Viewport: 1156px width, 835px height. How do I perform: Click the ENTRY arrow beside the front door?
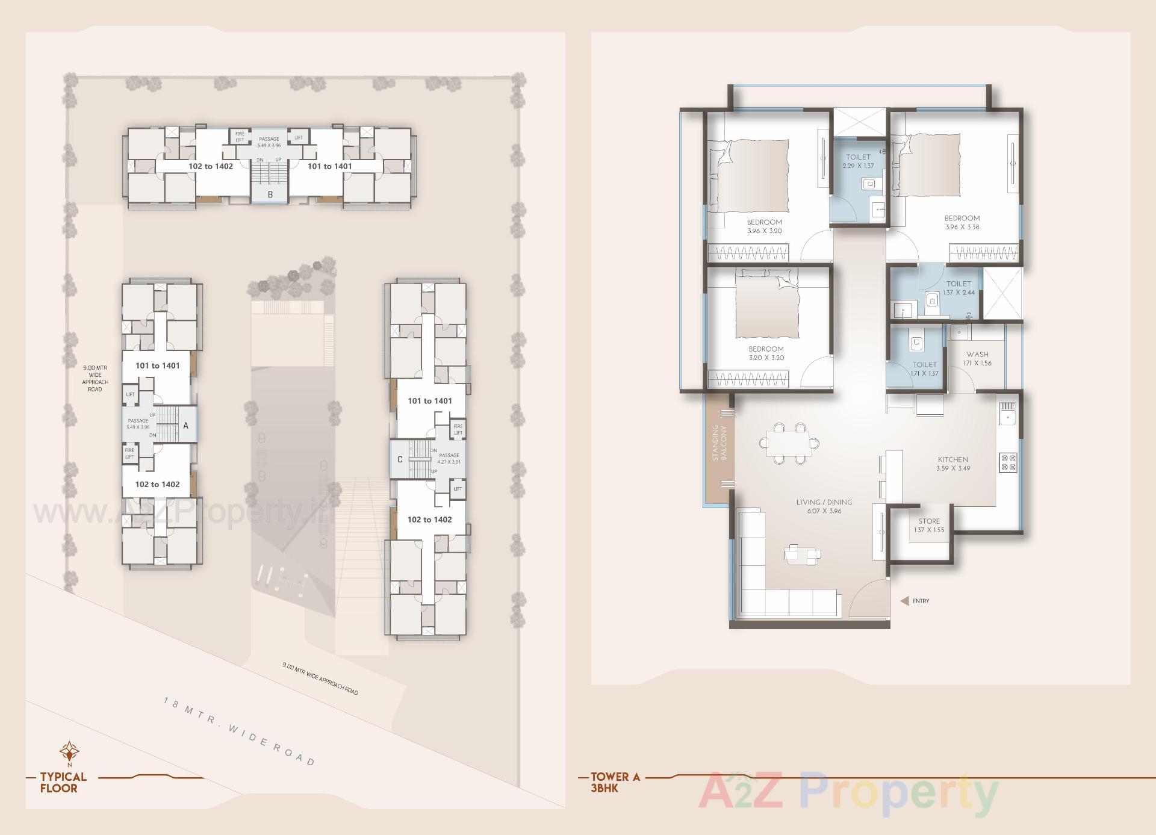[904, 601]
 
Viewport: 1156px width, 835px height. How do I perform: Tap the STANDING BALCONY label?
[719, 442]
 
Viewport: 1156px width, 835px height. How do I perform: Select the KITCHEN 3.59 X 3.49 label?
[952, 464]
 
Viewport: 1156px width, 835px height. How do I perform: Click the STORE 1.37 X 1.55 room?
[929, 526]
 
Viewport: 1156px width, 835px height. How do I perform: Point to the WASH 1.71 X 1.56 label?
[977, 359]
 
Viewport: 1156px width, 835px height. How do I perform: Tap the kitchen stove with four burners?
[1008, 462]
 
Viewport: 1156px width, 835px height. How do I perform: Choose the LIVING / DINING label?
[824, 506]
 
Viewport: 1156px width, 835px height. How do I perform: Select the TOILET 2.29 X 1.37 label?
[858, 161]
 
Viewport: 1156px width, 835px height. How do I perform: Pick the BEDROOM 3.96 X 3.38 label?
[962, 222]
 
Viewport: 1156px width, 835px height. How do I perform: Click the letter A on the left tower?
[185, 426]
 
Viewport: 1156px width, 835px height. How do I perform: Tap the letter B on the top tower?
[270, 194]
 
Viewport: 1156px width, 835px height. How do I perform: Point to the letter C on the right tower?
[400, 460]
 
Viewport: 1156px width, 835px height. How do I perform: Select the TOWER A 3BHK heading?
[615, 782]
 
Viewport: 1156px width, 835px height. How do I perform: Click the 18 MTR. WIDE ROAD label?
[240, 731]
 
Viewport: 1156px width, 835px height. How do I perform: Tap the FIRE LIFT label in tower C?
[458, 430]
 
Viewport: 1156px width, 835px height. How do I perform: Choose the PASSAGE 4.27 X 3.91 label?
[449, 458]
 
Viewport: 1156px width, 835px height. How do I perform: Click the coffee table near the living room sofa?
[802, 554]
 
